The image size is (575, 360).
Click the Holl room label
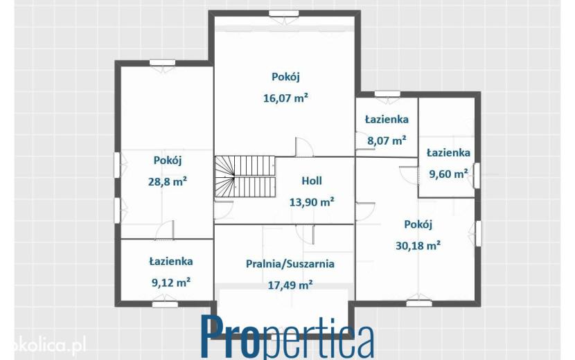click(312, 181)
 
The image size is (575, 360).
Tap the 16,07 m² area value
click(285, 98)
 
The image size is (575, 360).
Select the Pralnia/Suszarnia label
click(290, 264)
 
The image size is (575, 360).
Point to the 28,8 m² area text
click(168, 181)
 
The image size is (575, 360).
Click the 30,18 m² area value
click(418, 245)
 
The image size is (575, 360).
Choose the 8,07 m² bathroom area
click(387, 141)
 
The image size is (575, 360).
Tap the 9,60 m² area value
click(448, 174)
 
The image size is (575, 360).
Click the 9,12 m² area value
click(171, 282)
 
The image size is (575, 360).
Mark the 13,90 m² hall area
click(312, 202)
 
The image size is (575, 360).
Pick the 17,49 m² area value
click(290, 285)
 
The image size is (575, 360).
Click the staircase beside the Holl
click(245, 177)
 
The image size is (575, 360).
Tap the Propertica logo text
click(288, 336)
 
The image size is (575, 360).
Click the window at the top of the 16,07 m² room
click(284, 14)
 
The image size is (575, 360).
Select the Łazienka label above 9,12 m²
click(171, 262)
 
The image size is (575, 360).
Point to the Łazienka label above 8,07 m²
click(387, 119)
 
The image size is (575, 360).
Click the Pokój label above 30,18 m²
click(418, 224)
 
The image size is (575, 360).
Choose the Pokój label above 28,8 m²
click(168, 161)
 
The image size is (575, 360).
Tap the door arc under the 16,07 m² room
click(304, 147)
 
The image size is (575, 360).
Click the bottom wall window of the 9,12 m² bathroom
click(165, 304)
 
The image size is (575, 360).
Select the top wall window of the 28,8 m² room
click(162, 63)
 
